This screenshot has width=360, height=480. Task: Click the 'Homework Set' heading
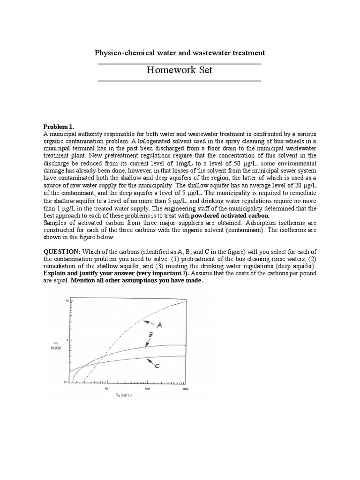point(180,70)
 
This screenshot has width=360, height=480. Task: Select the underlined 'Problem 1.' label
point(59,127)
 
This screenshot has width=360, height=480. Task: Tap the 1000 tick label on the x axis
point(185,389)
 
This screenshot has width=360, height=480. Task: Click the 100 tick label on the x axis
point(147,389)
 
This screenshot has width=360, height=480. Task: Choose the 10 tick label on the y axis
point(67,300)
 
